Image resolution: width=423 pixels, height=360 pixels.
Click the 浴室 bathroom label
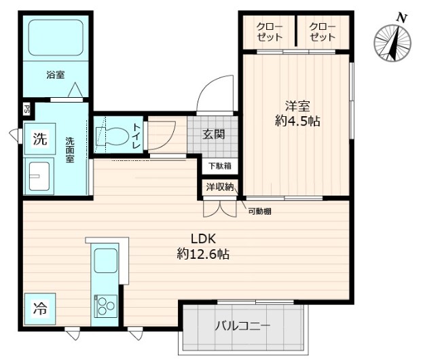click(x=56, y=75)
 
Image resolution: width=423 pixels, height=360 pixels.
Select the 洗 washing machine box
click(x=40, y=140)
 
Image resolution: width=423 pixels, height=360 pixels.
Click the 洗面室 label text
click(x=71, y=149)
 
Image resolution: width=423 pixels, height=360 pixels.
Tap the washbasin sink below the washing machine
click(x=39, y=177)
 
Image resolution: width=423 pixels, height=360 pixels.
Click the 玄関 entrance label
click(x=214, y=134)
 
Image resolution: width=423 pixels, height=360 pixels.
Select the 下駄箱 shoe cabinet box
click(x=219, y=165)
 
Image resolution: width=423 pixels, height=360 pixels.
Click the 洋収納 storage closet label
click(x=219, y=187)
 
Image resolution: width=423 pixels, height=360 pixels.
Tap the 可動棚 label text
click(x=259, y=211)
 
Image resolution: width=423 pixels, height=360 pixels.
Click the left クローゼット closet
click(x=270, y=32)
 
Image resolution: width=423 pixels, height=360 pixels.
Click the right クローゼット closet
click(x=322, y=32)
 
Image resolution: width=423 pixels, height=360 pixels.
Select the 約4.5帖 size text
click(x=297, y=122)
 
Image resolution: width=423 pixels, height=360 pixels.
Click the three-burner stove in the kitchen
click(x=105, y=306)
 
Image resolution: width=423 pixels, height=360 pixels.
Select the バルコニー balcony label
click(x=242, y=325)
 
